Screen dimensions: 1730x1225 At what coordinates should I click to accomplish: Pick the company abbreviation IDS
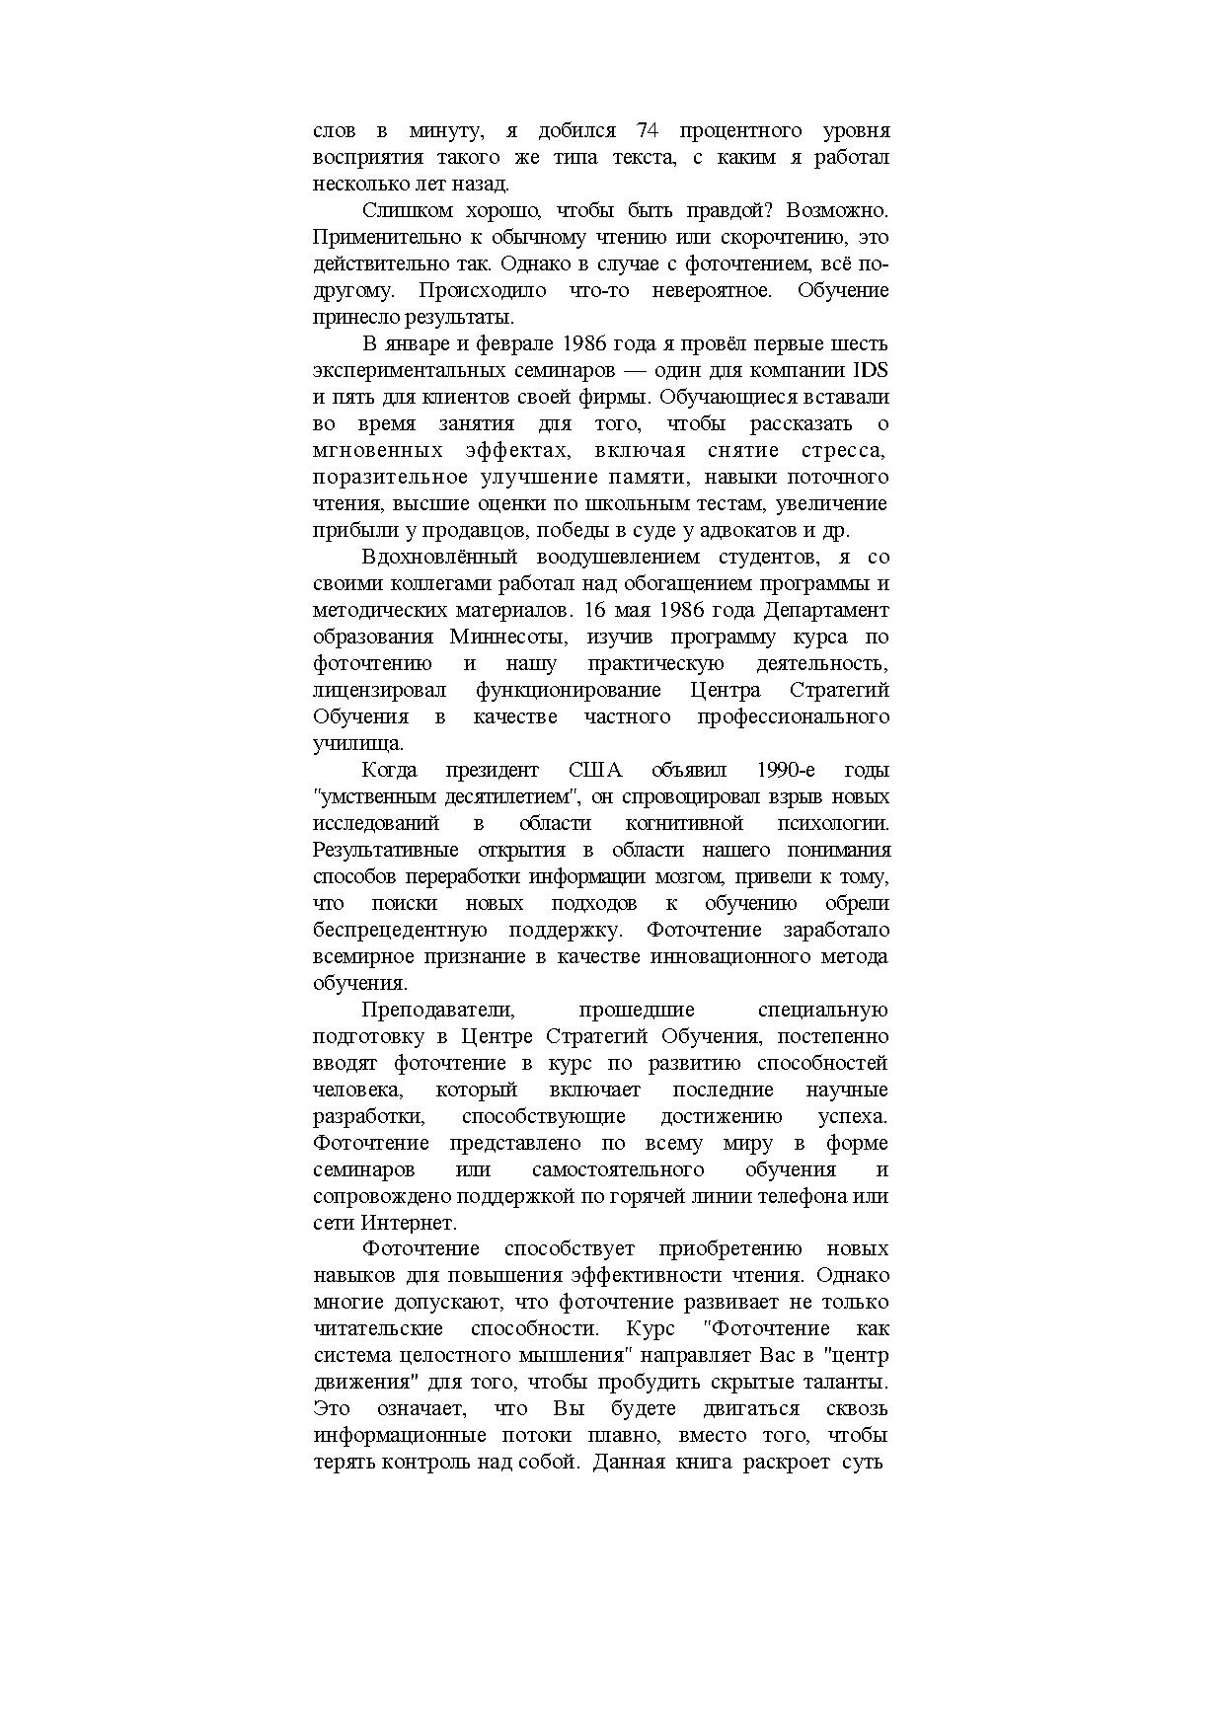pos(871,370)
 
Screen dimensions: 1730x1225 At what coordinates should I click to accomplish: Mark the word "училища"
pos(356,743)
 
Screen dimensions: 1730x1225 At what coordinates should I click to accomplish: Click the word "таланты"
pos(849,1382)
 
